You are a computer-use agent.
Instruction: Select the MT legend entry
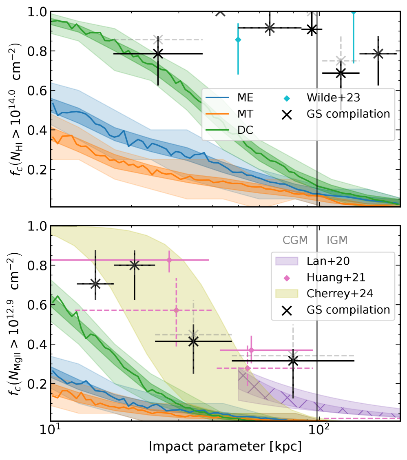pyautogui.click(x=244, y=114)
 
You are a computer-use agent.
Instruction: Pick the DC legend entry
pyautogui.click(x=244, y=130)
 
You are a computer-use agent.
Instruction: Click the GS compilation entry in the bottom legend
pyautogui.click(x=347, y=310)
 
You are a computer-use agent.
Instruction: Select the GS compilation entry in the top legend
pyautogui.click(x=347, y=114)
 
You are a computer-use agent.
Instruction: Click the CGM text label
pyautogui.click(x=295, y=240)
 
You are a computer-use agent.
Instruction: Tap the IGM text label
pyautogui.click(x=337, y=240)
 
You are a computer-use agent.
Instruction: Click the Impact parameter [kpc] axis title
pyautogui.click(x=225, y=446)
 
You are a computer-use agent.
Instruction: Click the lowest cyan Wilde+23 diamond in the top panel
pyautogui.click(x=238, y=40)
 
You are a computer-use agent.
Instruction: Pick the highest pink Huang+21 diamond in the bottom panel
pyautogui.click(x=169, y=260)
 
